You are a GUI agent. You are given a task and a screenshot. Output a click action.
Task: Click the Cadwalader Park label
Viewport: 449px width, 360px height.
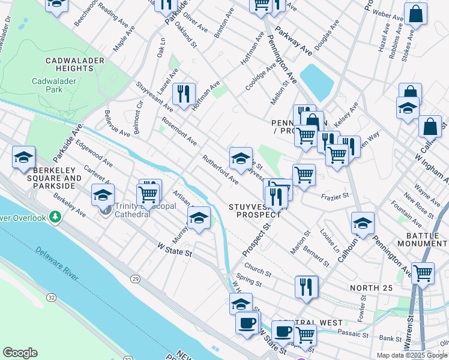[x=56, y=85]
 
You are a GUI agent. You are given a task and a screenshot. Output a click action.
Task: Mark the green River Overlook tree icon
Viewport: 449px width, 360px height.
[x=56, y=216]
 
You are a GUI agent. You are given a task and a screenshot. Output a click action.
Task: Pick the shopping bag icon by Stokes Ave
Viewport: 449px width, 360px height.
[x=415, y=13]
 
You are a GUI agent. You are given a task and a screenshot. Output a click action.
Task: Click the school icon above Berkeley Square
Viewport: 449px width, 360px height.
[x=23, y=157]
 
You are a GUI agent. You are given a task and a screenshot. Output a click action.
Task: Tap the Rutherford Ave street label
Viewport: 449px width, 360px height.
[x=220, y=170]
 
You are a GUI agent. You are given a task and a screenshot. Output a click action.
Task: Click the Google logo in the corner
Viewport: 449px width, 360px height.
[x=20, y=353]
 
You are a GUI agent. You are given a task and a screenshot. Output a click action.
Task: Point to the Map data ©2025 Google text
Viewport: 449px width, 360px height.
[x=412, y=355]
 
